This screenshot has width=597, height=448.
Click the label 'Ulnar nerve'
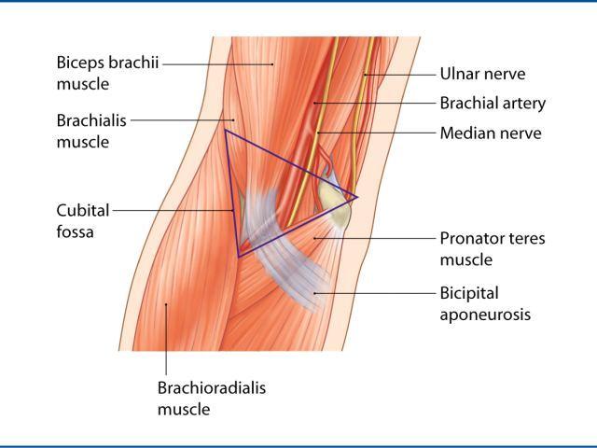482,74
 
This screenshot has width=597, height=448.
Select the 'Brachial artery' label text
493,104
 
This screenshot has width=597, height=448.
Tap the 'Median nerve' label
491,133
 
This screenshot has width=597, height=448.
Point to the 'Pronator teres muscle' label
493,249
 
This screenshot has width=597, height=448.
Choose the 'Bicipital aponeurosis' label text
485,304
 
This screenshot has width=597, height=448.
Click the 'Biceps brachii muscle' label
107,73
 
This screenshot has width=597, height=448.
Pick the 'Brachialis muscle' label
91,131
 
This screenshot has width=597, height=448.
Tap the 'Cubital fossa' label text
83,221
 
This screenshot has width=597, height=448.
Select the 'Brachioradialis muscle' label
212,399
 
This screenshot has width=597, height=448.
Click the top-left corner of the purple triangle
226,131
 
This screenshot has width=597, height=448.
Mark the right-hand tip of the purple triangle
357,197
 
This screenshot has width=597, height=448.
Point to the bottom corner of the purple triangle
238,258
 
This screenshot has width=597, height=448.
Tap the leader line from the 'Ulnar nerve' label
400,75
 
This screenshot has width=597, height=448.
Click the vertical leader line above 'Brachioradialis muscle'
166,339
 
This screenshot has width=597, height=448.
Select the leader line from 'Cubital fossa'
173,210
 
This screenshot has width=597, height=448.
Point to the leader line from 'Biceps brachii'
217,64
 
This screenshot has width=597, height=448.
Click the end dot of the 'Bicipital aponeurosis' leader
314,293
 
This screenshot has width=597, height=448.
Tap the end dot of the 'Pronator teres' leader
314,239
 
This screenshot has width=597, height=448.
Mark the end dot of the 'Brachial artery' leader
314,103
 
